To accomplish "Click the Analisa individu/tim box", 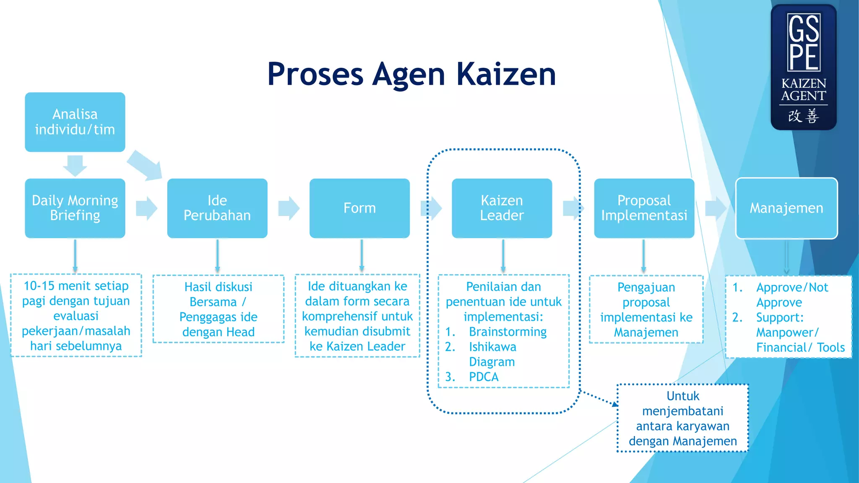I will click(75, 122).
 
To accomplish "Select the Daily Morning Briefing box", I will click(75, 208).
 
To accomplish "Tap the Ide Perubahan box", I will click(217, 208).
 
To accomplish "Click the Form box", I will click(359, 208).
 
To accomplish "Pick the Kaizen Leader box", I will click(502, 208).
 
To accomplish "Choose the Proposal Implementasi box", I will click(644, 208).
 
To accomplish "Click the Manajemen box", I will click(786, 208).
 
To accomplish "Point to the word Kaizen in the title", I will click(506, 75).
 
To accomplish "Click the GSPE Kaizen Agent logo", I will click(804, 67).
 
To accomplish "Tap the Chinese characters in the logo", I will click(803, 116).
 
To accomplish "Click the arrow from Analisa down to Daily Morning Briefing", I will click(75, 165).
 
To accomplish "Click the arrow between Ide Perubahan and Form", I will click(289, 208).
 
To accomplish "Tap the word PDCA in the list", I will click(484, 377).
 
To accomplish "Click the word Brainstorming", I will click(508, 332).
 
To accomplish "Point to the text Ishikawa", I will click(492, 347).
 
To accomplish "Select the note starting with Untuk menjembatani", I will click(682, 418).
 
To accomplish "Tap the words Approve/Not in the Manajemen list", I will click(792, 287).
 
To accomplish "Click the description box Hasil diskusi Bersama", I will click(219, 309).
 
